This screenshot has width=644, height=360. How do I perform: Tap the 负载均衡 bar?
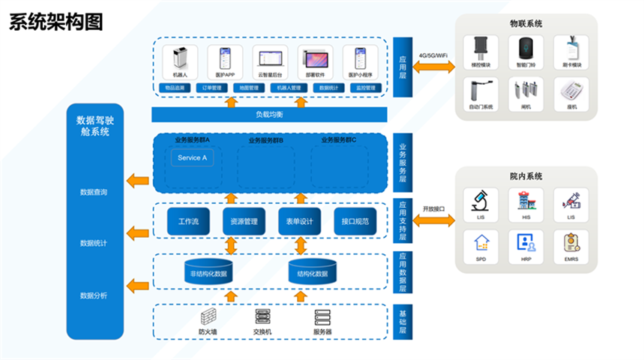[x=269, y=115]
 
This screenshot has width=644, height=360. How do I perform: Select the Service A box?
[x=192, y=158]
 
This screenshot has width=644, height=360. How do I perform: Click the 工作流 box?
[x=188, y=221]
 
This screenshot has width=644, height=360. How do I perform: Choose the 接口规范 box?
[x=355, y=221]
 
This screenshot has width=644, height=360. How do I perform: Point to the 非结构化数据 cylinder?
[x=206, y=272]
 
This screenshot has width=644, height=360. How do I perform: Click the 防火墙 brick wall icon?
[x=208, y=316]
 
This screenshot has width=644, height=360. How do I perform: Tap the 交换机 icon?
[x=262, y=316]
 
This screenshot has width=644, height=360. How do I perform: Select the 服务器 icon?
[x=322, y=316]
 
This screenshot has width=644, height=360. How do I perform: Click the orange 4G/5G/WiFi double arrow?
[x=434, y=67]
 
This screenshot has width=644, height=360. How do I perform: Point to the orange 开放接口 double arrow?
[x=434, y=220]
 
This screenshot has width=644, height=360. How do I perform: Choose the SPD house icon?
[x=479, y=242]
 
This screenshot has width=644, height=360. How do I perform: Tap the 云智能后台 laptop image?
[x=270, y=58]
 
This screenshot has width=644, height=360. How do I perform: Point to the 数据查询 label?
[x=94, y=193]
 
